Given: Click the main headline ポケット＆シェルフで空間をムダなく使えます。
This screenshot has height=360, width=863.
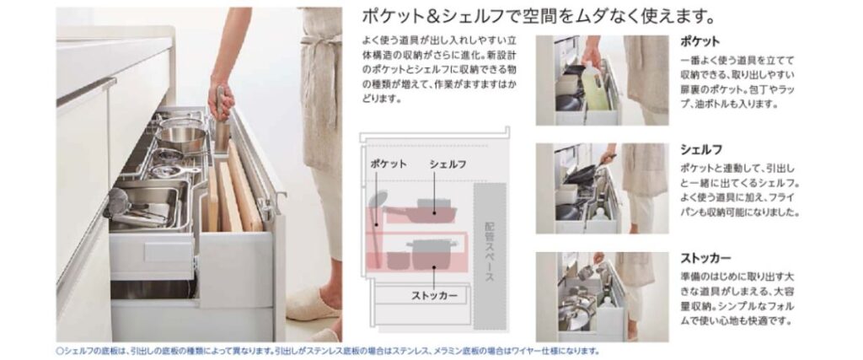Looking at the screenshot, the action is (x=539, y=17).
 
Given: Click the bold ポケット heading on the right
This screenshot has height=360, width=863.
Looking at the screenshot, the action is (x=700, y=42).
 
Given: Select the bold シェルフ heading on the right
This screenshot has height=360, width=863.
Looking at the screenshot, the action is (x=701, y=150).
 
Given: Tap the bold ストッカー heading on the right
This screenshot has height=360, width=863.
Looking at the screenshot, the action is (x=706, y=258).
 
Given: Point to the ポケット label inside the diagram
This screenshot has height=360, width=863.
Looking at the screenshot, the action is (x=389, y=164).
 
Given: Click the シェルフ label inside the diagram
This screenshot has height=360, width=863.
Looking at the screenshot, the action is (x=448, y=164).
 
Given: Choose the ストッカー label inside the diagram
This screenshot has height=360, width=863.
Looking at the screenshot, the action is (x=434, y=296).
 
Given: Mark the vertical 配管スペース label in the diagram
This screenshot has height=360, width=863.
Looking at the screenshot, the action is (x=490, y=251).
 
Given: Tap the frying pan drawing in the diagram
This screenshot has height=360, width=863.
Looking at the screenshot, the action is (x=424, y=212).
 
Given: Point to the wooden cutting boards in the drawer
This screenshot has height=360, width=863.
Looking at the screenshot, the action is (x=233, y=190).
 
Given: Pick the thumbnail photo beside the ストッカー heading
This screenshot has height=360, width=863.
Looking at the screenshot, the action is (x=602, y=297).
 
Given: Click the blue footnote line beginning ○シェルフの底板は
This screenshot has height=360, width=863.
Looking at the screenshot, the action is (x=327, y=351).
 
